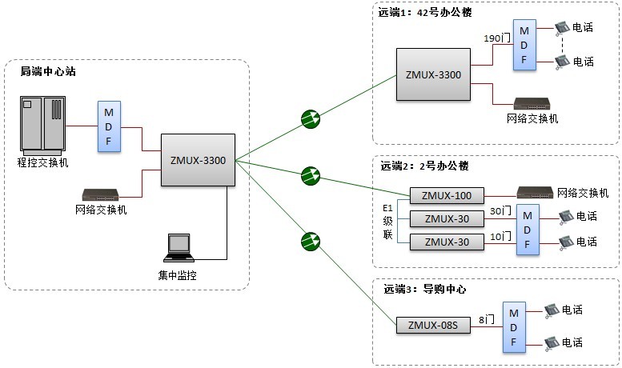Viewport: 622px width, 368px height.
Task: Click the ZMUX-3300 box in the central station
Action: (198, 160)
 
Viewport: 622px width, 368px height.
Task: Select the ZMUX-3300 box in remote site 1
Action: (433, 74)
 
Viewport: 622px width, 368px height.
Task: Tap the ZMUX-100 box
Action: (447, 195)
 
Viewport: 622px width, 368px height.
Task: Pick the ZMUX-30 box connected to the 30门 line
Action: (447, 218)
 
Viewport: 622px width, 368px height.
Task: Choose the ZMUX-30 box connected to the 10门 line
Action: (447, 242)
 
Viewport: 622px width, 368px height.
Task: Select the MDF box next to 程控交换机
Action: (109, 126)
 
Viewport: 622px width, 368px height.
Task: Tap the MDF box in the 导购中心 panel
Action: (513, 326)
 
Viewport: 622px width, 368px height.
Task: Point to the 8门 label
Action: (486, 318)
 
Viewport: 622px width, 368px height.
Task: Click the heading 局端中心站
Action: (46, 72)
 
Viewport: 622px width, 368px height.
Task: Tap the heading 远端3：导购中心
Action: (423, 289)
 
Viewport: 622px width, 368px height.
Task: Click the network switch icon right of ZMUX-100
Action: (535, 193)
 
